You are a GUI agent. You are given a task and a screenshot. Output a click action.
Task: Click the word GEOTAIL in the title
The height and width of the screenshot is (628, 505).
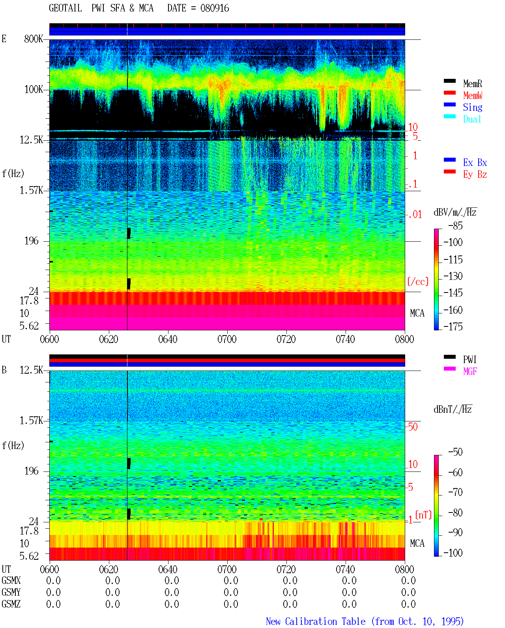coord(65,8)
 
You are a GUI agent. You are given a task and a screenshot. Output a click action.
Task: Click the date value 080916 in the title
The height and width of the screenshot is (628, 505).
coord(215,8)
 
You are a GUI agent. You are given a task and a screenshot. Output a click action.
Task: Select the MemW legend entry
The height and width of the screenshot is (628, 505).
coord(473,95)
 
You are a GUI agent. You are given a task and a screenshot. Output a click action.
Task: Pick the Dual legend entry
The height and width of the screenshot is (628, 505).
coord(472,119)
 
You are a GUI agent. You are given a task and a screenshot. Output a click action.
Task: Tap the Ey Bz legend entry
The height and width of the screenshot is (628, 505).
coord(475,174)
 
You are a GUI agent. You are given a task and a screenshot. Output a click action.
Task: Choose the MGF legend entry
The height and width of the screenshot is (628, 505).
coord(470,371)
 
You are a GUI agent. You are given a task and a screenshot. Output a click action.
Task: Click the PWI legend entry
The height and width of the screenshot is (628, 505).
coord(470,359)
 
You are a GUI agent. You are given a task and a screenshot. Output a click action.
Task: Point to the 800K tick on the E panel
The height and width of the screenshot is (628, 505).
coord(34,39)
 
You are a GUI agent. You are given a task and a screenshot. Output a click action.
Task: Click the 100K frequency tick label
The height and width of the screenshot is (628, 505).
coord(34,89)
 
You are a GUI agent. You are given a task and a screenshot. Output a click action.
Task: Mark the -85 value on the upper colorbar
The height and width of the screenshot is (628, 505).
coord(455,225)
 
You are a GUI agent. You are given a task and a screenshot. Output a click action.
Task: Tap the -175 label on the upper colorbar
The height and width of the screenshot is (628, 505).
coord(453,326)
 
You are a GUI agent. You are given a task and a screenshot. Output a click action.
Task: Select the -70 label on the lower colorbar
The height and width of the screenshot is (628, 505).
coord(455,492)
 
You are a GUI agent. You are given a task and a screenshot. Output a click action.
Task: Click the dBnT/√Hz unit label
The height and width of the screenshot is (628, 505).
coord(453,409)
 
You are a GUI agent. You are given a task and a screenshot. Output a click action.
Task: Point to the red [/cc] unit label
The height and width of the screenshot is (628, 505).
coord(418,281)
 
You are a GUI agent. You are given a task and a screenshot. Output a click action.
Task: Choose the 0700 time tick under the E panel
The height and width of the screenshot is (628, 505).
coord(227,339)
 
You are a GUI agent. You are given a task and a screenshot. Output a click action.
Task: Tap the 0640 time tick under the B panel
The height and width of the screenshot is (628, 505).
coord(168,569)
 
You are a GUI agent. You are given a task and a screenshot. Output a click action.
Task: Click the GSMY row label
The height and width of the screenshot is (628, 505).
coord(11,592)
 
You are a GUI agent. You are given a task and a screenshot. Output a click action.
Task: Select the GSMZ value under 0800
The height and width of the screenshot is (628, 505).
coord(408,604)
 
